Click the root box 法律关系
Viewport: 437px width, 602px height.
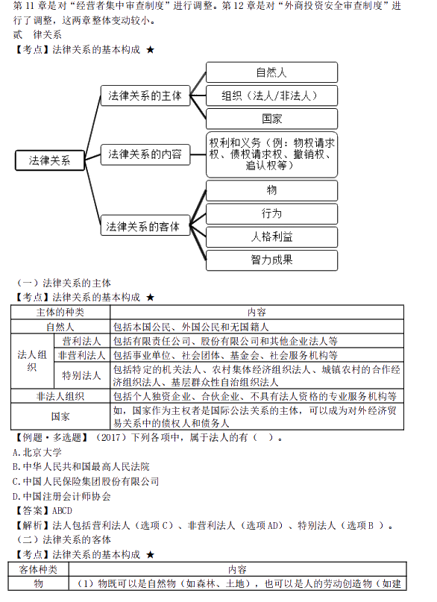click(x=49, y=160)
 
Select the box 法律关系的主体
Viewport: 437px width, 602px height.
click(x=145, y=95)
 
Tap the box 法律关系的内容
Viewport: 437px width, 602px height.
click(x=145, y=154)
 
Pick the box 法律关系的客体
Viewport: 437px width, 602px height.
click(x=145, y=225)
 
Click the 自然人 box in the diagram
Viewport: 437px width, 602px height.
click(x=271, y=72)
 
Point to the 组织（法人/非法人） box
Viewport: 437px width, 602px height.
click(x=271, y=95)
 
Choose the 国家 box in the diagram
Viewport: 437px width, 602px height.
click(x=271, y=119)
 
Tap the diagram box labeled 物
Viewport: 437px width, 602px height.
click(x=271, y=190)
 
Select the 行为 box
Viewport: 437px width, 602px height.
click(x=271, y=214)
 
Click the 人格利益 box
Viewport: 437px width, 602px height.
click(x=271, y=237)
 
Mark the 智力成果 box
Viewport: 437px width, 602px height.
click(x=271, y=260)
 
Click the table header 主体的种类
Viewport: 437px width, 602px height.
click(x=60, y=312)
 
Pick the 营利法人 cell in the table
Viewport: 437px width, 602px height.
click(x=82, y=341)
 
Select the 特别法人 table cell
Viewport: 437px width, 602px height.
click(x=82, y=375)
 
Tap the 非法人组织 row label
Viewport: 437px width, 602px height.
click(x=60, y=396)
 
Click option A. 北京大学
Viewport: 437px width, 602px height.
click(x=37, y=452)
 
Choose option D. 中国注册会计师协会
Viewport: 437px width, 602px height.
click(x=61, y=496)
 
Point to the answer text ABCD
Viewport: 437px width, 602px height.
click(x=62, y=511)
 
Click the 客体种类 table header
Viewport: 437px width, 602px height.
click(x=38, y=569)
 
